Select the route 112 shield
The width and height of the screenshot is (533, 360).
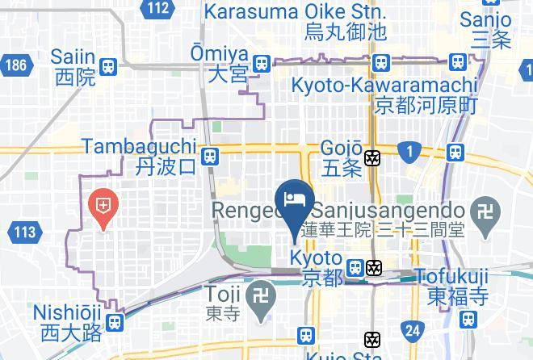click(158, 9)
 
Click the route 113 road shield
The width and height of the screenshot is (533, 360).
click(24, 233)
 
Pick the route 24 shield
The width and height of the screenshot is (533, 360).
click(413, 329)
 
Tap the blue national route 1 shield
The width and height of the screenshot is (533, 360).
click(409, 150)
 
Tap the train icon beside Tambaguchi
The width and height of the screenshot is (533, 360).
click(210, 157)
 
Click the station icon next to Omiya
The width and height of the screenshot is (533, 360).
click(261, 64)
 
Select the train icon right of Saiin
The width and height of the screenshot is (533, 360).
click(109, 66)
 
